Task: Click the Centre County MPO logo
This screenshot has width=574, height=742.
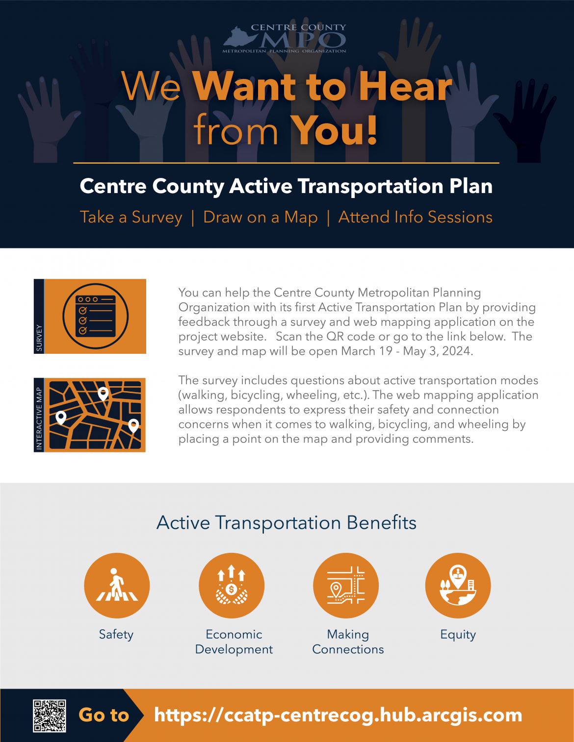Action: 285,38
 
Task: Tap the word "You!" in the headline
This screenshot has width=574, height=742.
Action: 334,131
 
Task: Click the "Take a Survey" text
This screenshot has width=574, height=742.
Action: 131,217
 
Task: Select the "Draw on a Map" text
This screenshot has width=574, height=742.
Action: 260,217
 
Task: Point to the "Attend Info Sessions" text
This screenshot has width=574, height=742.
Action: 415,217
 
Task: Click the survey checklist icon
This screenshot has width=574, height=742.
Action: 96,316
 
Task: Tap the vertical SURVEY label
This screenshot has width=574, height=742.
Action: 39,338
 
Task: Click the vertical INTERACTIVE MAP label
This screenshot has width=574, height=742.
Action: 39,418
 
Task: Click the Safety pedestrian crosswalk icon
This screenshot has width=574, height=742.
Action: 117,586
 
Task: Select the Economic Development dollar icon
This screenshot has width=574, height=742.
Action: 232,586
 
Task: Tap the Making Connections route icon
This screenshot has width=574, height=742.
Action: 346,586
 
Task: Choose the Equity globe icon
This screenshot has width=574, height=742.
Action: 458,586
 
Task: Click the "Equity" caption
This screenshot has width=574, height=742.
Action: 458,635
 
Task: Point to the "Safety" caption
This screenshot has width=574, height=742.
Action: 116,635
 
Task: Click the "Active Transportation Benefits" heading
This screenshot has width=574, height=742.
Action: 287,523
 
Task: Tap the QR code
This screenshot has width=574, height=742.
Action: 50,716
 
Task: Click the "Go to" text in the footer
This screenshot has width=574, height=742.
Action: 104,715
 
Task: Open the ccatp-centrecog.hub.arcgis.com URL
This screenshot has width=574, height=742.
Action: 338,715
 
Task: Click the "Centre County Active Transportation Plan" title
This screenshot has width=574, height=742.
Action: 286,186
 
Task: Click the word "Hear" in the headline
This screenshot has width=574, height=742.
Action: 405,87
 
